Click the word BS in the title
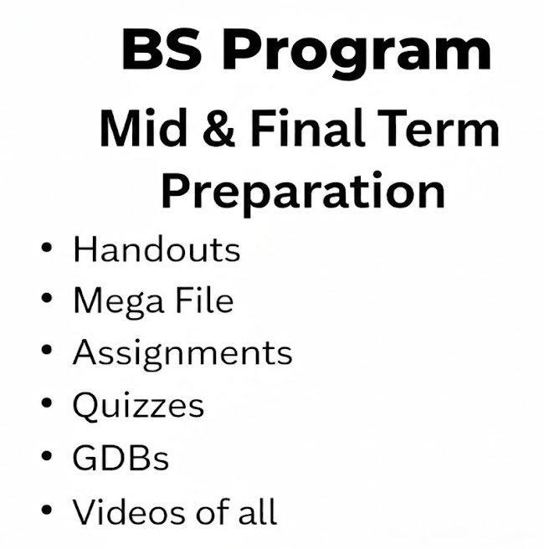click(x=162, y=49)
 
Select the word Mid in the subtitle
click(x=143, y=127)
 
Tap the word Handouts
click(x=157, y=249)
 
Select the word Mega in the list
click(x=119, y=301)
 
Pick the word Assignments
click(x=182, y=353)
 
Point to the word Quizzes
click(x=138, y=405)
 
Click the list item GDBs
click(x=121, y=457)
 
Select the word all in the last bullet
click(x=258, y=511)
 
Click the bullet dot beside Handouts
click(x=47, y=247)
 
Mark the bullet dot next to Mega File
click(x=47, y=298)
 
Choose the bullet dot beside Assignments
click(x=47, y=350)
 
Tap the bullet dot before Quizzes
click(x=47, y=403)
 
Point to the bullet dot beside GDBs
click(x=47, y=455)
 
